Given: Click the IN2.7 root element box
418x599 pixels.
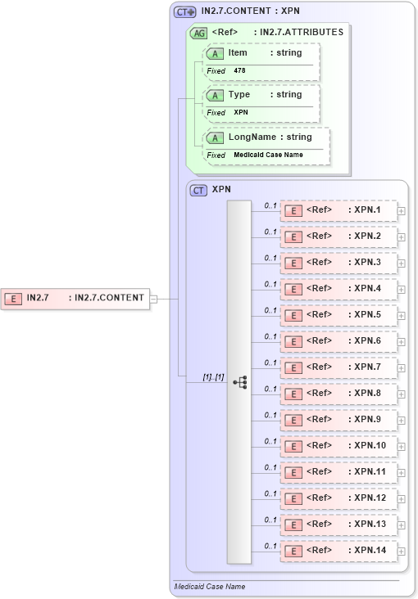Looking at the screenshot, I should (75, 299).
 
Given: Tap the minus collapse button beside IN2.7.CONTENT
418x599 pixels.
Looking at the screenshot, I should (153, 299).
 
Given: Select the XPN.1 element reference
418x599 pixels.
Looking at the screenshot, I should (338, 210).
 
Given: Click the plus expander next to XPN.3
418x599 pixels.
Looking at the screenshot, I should (401, 263).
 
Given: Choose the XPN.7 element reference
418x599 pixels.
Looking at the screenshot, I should (338, 367).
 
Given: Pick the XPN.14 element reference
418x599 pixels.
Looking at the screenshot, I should (338, 551).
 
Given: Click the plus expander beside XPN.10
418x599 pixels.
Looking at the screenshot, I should (401, 446).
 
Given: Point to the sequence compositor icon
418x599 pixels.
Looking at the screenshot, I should (239, 382).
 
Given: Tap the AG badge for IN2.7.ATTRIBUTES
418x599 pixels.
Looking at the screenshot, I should (198, 34).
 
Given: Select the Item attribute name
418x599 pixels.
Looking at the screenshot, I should (238, 53).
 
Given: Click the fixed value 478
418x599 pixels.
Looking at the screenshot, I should (239, 71).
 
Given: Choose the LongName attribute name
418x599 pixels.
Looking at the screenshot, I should (252, 137).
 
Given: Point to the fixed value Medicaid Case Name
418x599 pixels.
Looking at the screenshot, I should (267, 155).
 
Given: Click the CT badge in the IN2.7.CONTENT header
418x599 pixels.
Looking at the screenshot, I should (184, 12).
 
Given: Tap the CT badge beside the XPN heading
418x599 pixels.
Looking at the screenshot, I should (198, 190).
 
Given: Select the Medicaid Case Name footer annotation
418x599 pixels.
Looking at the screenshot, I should (210, 587).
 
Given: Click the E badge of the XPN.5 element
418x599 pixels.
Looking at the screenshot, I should (293, 315).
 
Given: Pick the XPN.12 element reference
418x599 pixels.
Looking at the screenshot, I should (338, 498).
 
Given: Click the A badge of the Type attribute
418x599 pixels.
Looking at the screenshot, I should (214, 95).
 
